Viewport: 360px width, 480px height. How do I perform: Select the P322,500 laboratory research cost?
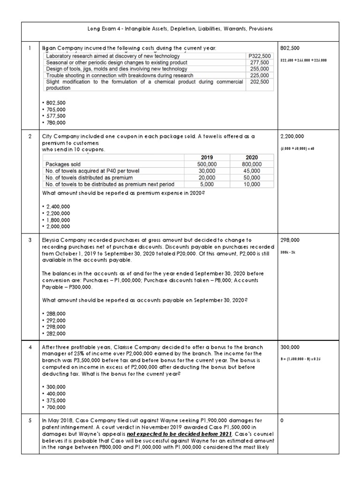[x=258, y=56]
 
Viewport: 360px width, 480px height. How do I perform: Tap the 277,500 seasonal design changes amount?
[x=260, y=62]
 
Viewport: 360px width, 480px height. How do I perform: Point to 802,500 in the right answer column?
[x=290, y=48]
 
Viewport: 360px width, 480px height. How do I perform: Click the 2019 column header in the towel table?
[x=207, y=157]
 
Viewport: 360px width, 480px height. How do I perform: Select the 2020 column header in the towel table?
[x=251, y=157]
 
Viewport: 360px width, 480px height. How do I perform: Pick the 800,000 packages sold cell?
[x=251, y=164]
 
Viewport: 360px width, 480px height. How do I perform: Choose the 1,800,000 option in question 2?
[x=58, y=220]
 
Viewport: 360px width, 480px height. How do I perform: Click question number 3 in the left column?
[x=30, y=240]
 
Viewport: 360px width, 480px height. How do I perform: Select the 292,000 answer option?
[x=55, y=321]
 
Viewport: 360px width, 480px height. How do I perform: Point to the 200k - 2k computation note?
[x=287, y=251]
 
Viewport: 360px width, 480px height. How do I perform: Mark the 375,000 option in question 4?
[x=55, y=401]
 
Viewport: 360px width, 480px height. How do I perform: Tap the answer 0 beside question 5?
[x=282, y=421]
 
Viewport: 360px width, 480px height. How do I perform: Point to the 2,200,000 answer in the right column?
[x=292, y=136]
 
